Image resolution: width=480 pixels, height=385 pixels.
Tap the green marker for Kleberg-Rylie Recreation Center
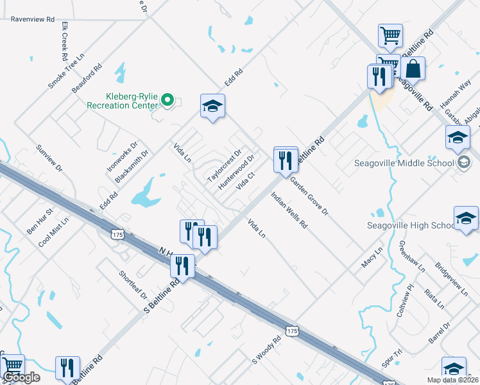pyautogui.click(x=167, y=99)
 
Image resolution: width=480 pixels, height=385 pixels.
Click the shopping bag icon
pyautogui.click(x=414, y=69)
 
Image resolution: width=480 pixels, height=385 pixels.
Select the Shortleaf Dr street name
pyautogui.click(x=133, y=284)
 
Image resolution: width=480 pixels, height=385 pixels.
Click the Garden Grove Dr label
pyautogui.click(x=309, y=196)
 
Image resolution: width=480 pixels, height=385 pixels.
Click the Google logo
pyautogui.click(x=21, y=377)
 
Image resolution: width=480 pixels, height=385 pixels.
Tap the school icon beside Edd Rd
pyautogui.click(x=212, y=107)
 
